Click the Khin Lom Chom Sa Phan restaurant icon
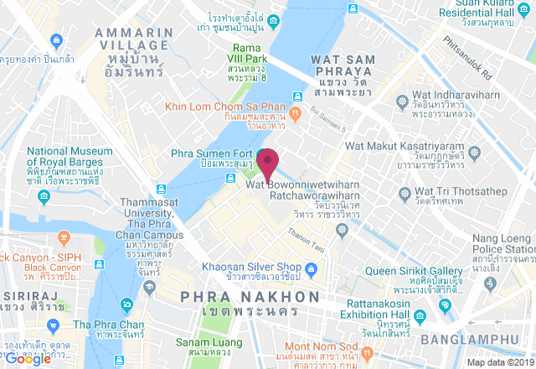[295, 112]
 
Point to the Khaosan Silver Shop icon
[310, 269]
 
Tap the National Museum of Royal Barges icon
[44, 197]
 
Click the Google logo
[28, 359]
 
